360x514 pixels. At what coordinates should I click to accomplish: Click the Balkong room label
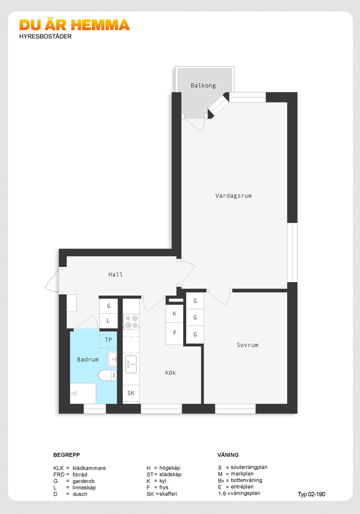click(x=203, y=86)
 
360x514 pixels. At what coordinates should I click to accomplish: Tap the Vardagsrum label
click(x=234, y=196)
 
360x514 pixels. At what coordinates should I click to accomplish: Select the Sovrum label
click(x=248, y=345)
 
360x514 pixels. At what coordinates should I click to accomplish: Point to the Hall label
click(x=116, y=274)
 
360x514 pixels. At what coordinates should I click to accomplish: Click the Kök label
click(x=170, y=373)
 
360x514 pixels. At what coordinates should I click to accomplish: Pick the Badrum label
click(x=88, y=359)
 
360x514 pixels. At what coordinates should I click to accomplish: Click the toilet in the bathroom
click(x=107, y=375)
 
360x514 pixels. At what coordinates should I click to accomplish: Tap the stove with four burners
click(x=131, y=322)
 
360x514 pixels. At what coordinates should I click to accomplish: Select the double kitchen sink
click(x=131, y=364)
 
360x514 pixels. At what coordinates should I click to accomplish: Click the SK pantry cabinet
click(x=131, y=393)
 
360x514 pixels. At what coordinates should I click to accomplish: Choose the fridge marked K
click(x=175, y=314)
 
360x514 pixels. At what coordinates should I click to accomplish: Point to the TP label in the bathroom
click(x=108, y=340)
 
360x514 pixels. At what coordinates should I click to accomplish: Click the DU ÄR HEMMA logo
click(x=74, y=25)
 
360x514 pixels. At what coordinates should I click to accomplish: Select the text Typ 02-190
click(x=311, y=495)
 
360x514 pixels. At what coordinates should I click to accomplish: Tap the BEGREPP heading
click(x=67, y=455)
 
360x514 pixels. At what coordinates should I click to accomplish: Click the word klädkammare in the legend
click(x=89, y=468)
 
